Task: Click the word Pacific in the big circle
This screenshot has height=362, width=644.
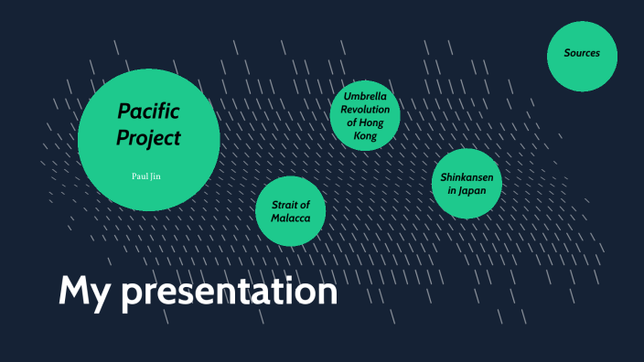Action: click(x=148, y=112)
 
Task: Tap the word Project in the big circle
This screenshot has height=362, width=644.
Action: click(x=148, y=139)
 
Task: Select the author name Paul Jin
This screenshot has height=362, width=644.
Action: click(x=148, y=174)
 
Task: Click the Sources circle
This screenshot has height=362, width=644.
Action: click(x=582, y=57)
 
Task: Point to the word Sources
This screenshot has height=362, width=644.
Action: click(x=582, y=53)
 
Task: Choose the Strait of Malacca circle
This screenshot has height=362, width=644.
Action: click(x=291, y=211)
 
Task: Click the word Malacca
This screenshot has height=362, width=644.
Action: click(x=291, y=219)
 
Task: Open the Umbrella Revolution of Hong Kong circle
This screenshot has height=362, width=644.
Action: click(x=366, y=114)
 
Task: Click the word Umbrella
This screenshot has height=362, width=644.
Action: click(x=366, y=95)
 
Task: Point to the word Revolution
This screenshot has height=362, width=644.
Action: click(x=366, y=109)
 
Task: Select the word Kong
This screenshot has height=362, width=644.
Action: click(x=366, y=135)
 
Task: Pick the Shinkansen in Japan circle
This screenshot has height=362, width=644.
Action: click(x=467, y=184)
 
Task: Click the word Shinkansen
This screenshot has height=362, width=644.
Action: click(x=467, y=177)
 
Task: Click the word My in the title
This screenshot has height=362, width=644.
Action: click(x=85, y=292)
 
